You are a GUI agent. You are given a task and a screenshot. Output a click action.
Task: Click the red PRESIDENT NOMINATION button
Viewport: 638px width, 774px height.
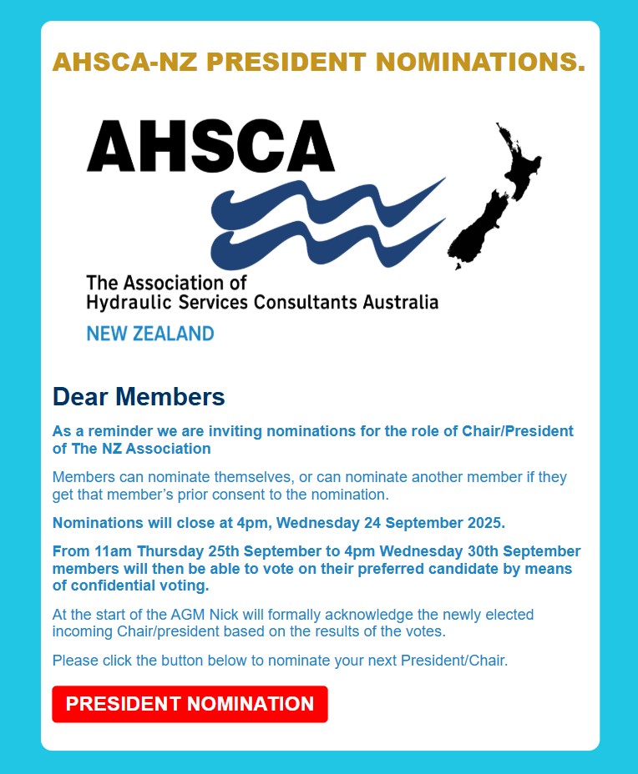tap(190, 704)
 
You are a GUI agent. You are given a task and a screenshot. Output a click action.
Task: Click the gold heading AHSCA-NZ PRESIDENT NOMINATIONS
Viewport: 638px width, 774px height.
tap(318, 63)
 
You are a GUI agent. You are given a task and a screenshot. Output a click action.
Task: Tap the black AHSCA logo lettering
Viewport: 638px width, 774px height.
tap(210, 146)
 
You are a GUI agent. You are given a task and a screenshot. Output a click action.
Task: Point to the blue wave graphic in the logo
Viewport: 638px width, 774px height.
tap(326, 221)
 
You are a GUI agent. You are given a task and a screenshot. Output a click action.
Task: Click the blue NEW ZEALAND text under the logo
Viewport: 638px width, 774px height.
tap(150, 334)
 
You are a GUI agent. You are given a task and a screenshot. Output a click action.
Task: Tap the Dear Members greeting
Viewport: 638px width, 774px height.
tap(139, 397)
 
